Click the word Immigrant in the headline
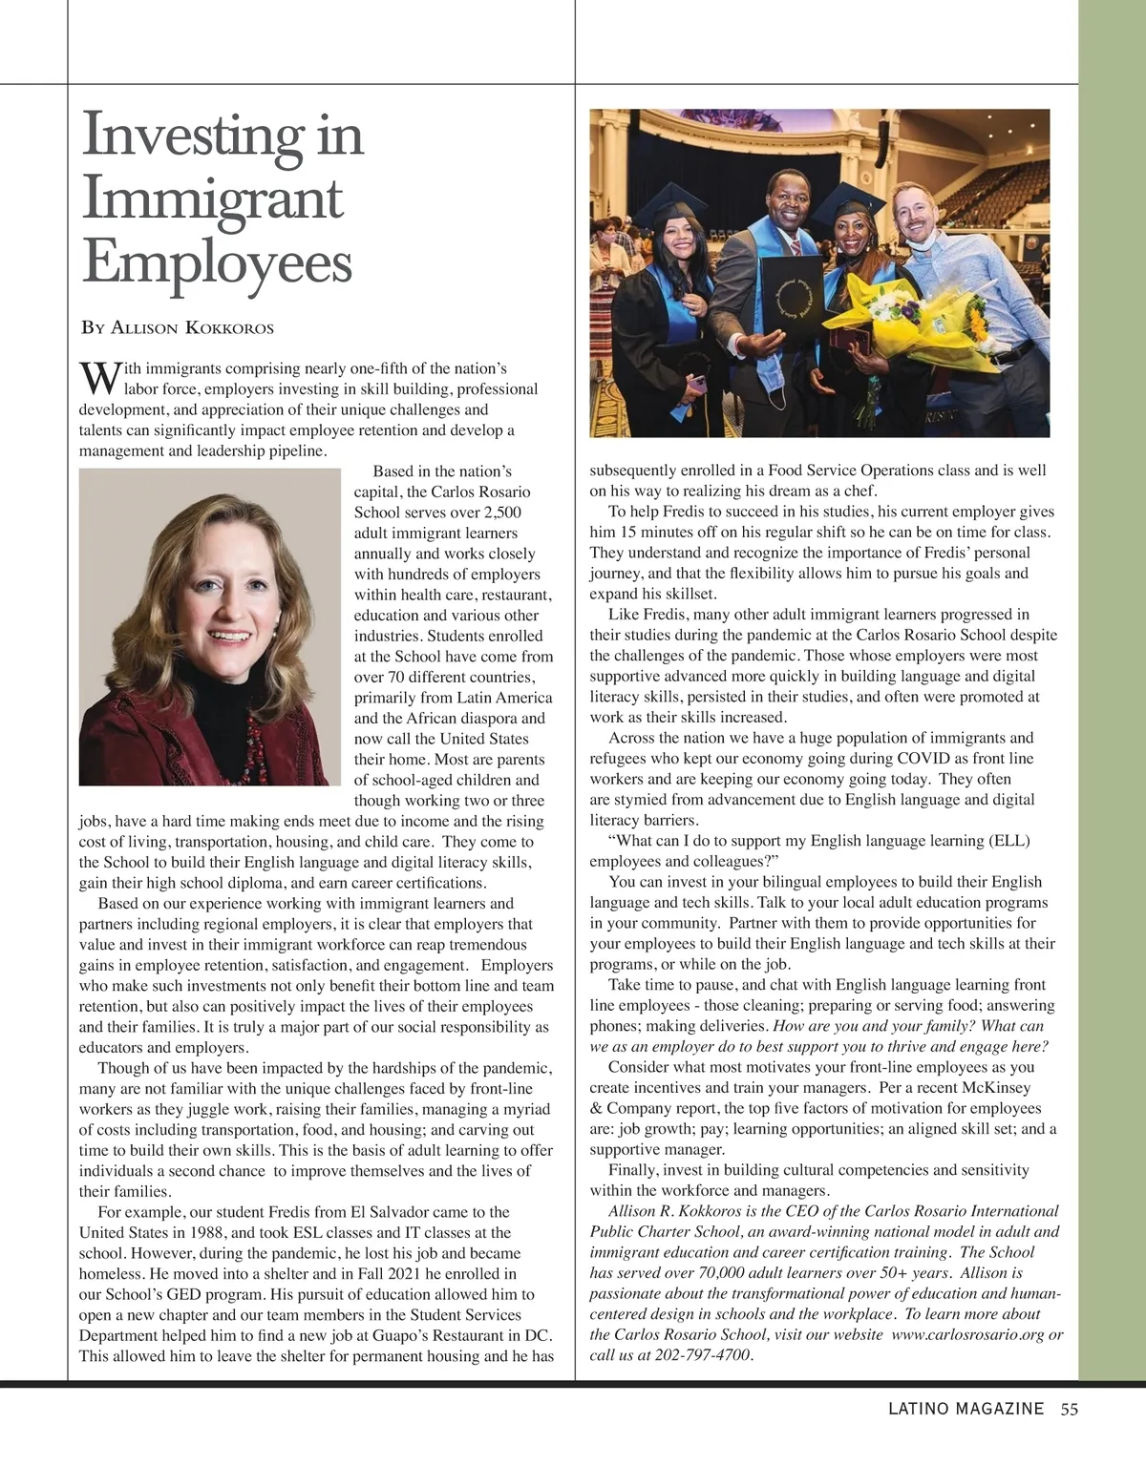(212, 199)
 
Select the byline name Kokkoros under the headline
(229, 328)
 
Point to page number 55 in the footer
(1069, 1409)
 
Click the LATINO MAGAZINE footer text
(966, 1409)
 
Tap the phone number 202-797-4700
(702, 1355)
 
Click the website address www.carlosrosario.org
(967, 1334)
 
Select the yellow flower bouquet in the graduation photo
(917, 320)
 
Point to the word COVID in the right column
(922, 759)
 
